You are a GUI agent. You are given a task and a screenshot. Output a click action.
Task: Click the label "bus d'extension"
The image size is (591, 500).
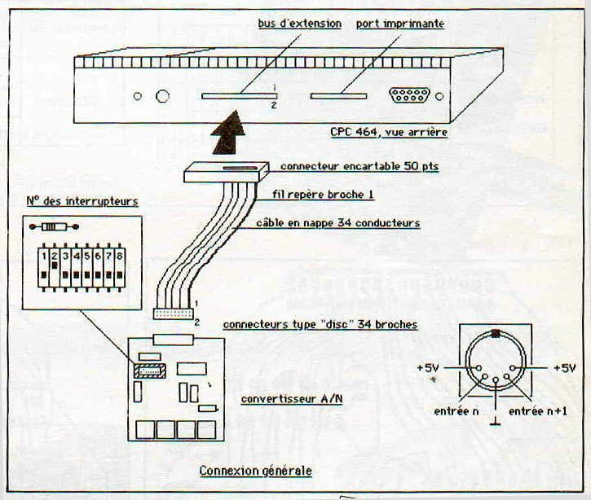tap(300, 24)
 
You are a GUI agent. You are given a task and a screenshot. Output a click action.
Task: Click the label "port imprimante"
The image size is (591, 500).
tap(399, 24)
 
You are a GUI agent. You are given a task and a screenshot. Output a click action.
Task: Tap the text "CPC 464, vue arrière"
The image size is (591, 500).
tap(389, 131)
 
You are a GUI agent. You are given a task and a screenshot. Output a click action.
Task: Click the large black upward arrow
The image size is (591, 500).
tap(229, 134)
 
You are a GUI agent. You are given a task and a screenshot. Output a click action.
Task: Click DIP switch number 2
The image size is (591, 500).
tap(54, 267)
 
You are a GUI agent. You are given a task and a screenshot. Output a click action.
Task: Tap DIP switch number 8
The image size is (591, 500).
tap(119, 267)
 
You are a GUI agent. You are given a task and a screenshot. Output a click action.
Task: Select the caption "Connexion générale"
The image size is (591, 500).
tap(255, 471)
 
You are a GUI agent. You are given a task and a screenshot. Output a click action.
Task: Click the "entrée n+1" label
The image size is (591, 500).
tap(537, 412)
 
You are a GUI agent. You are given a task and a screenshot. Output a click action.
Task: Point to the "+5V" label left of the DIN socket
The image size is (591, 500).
tap(428, 368)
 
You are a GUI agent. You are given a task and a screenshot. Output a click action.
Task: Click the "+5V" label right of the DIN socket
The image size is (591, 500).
tap(565, 368)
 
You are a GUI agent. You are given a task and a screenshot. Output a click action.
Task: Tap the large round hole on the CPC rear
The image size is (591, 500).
tap(162, 96)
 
